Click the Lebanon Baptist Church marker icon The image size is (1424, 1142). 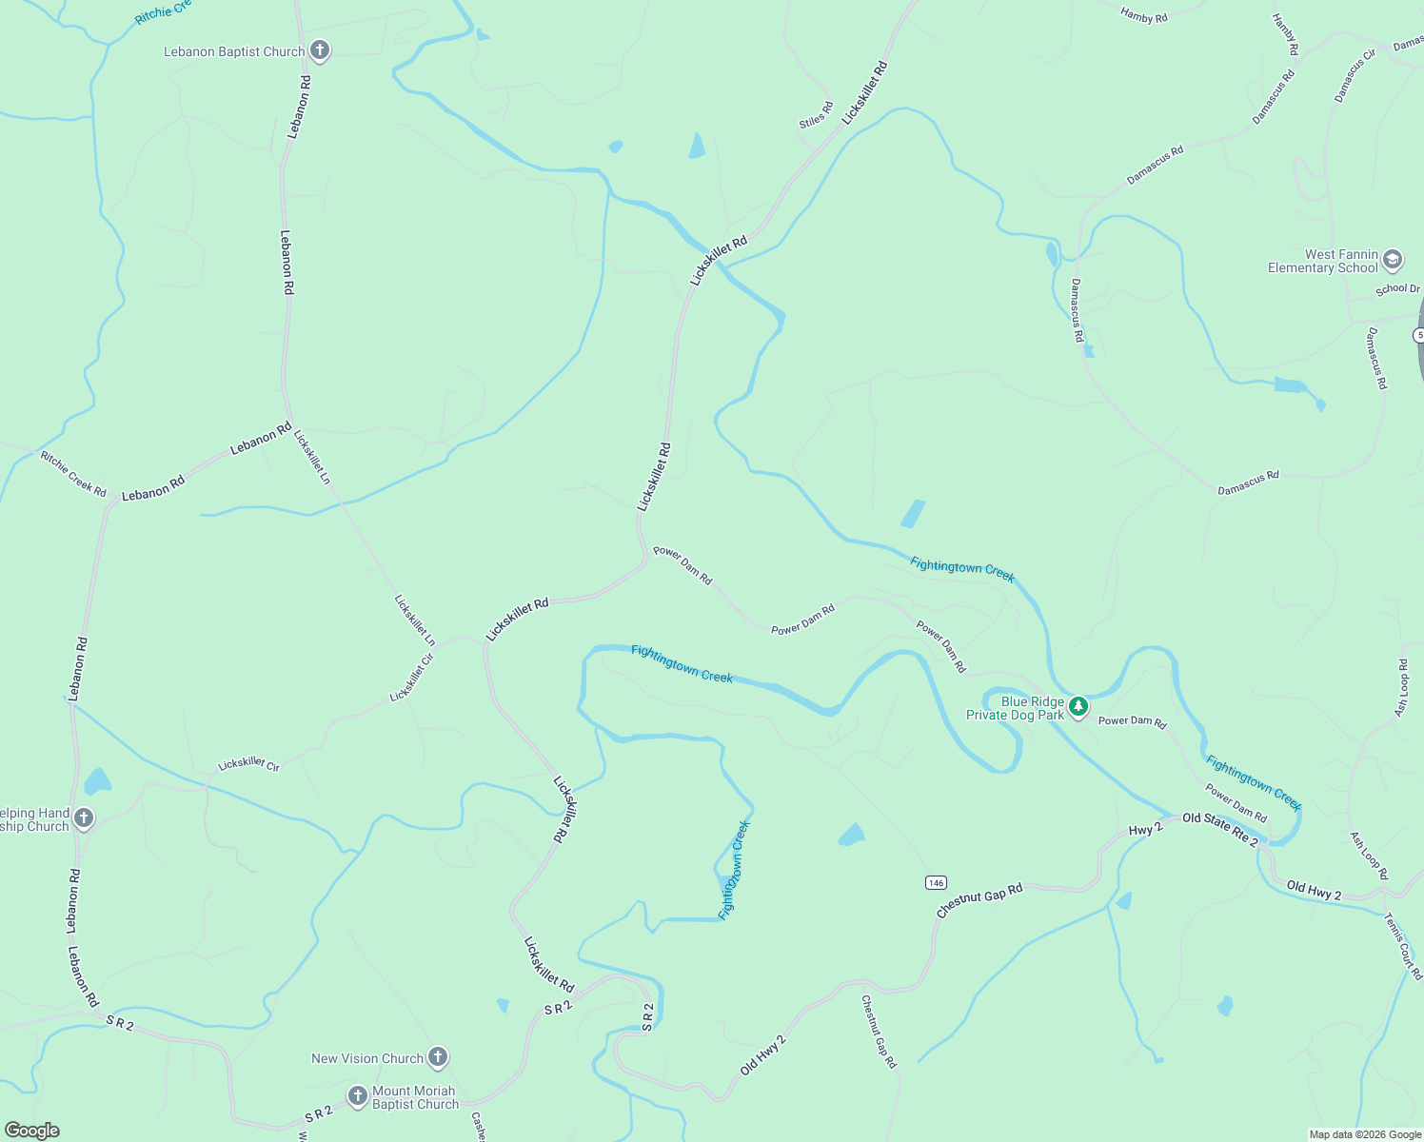pos(320,50)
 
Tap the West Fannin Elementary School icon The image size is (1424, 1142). pos(1393,260)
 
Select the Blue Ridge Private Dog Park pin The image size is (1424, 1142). pos(1078,707)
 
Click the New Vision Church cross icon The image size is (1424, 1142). pos(438,1057)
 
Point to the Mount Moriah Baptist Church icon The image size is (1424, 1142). pos(358,1097)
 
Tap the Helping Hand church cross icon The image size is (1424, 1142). pos(84,818)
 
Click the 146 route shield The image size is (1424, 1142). pos(936,882)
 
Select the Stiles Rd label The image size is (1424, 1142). pos(816,115)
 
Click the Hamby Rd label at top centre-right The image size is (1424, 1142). pos(1143,14)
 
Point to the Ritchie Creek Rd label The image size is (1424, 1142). pos(73,473)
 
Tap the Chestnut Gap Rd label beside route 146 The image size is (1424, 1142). pos(979,900)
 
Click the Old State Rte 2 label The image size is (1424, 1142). pos(1220,830)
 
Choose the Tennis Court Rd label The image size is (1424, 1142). pos(1403,946)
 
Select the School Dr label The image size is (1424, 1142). pos(1397,288)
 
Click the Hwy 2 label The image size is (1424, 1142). pos(1145,830)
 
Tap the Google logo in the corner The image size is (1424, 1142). pos(31,1131)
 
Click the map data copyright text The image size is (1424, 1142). pos(1365,1134)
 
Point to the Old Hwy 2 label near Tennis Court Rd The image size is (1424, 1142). pos(1314,891)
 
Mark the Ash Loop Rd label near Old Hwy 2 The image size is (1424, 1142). pos(1369,856)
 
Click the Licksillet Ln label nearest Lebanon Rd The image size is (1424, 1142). pos(312,457)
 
